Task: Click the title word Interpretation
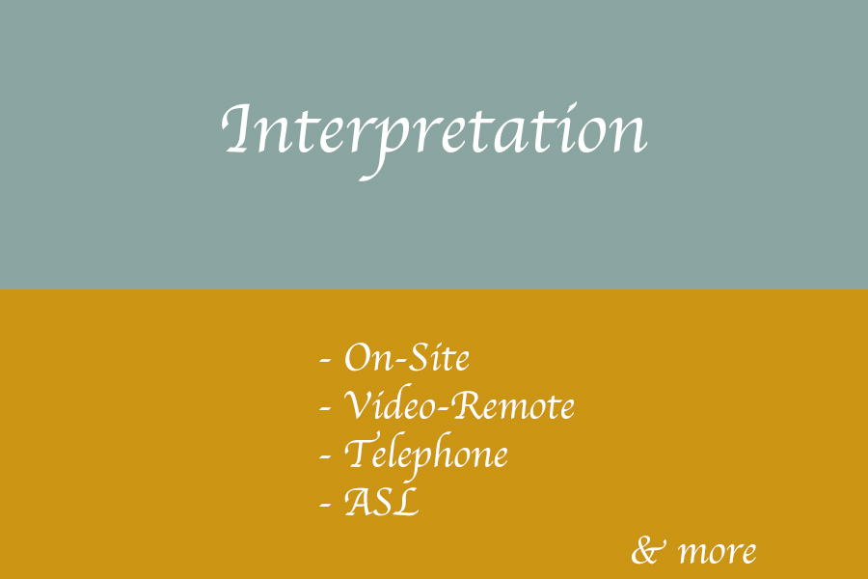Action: click(x=434, y=139)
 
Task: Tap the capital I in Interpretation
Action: click(x=238, y=128)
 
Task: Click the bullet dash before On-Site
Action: click(x=325, y=360)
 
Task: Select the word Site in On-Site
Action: click(x=439, y=357)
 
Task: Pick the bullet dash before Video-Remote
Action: click(x=325, y=409)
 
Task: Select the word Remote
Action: click(x=513, y=405)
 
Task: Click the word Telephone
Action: click(x=425, y=455)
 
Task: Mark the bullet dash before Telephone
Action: click(x=325, y=457)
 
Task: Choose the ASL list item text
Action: click(x=381, y=502)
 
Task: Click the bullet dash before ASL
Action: click(x=325, y=506)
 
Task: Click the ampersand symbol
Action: click(x=647, y=550)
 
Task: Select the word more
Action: click(x=718, y=553)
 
